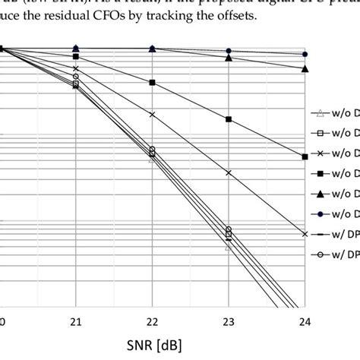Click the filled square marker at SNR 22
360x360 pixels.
pos(153,82)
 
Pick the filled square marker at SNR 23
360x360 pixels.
pos(229,119)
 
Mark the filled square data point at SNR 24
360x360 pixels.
pos(305,156)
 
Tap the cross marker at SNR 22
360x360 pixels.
pos(153,115)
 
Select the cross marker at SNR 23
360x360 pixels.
pos(229,173)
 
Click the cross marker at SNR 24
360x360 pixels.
pos(305,234)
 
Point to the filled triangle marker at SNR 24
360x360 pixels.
pos(305,68)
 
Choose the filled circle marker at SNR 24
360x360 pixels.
pos(305,55)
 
